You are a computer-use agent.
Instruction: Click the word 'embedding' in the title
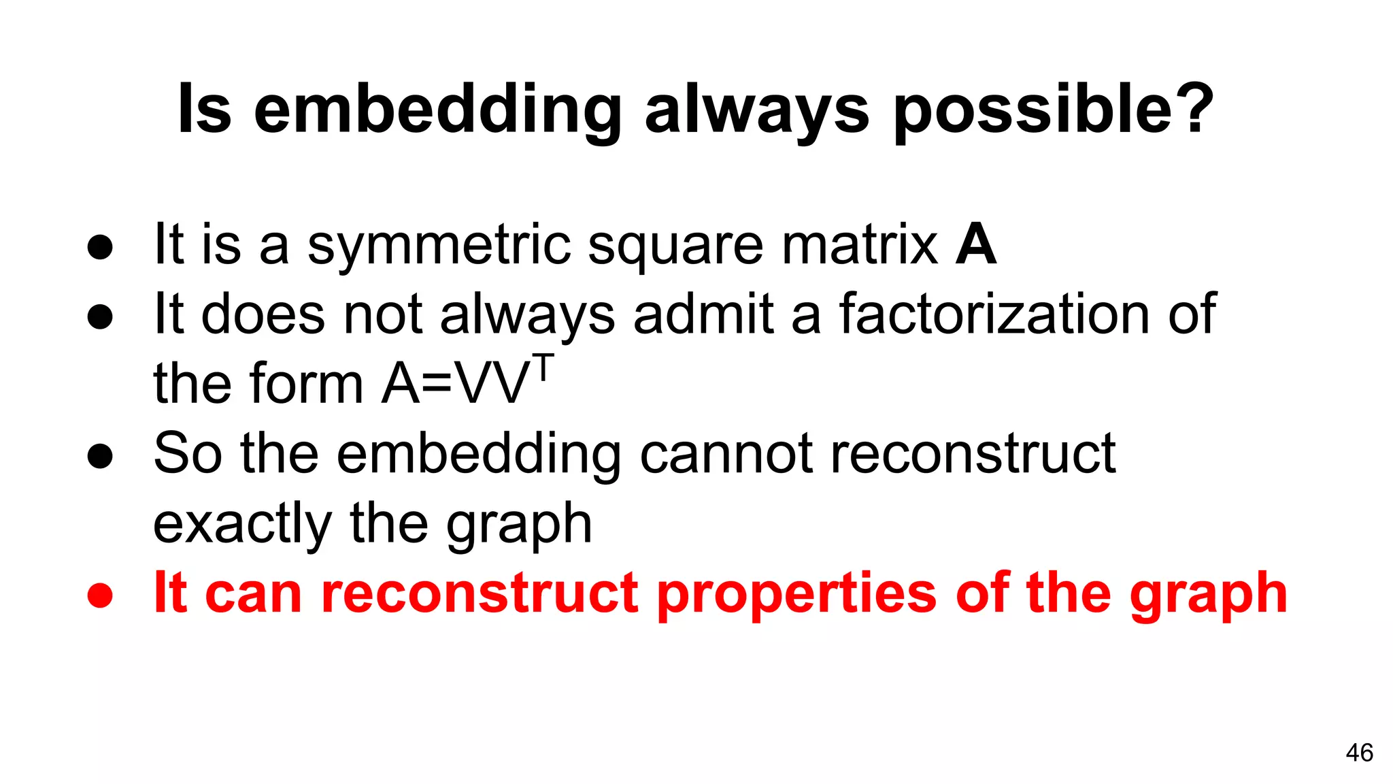pyautogui.click(x=437, y=110)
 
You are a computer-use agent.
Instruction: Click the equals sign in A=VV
pyautogui.click(x=437, y=385)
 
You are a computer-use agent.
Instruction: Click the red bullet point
pyautogui.click(x=100, y=595)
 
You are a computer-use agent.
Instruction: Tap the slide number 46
pyautogui.click(x=1359, y=753)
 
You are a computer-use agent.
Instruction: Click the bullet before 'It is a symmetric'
pyautogui.click(x=100, y=247)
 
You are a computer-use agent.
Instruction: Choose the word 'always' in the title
pyautogui.click(x=756, y=110)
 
